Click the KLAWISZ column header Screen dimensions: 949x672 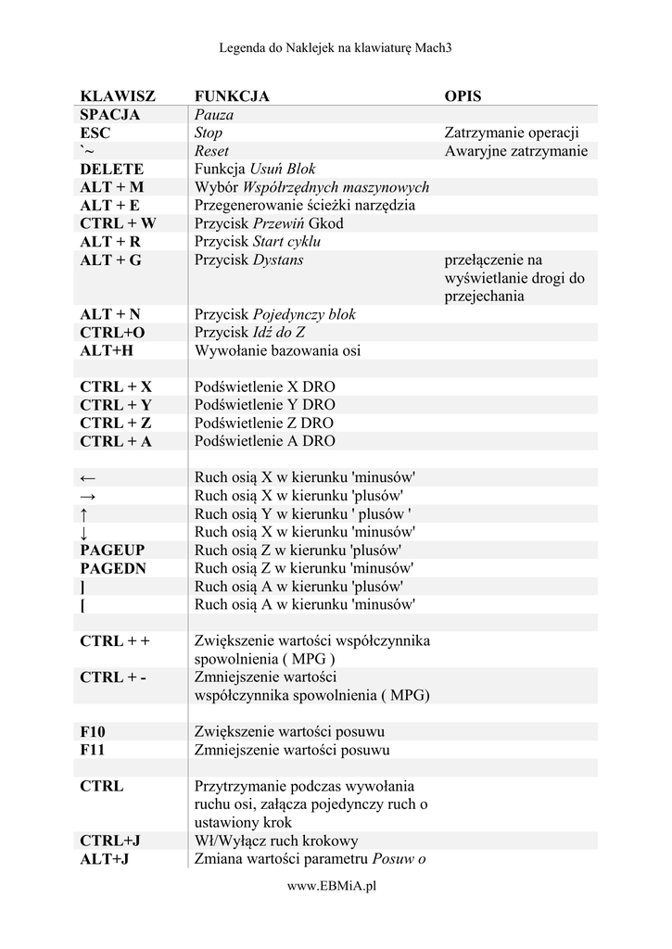(x=118, y=96)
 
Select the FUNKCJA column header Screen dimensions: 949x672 (x=232, y=96)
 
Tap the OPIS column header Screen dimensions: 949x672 (x=463, y=96)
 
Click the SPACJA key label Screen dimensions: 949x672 (x=109, y=115)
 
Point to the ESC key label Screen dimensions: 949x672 (x=95, y=133)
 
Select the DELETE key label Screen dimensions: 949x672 (x=111, y=169)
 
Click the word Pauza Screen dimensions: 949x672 (x=214, y=115)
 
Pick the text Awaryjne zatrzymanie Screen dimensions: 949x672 (x=515, y=151)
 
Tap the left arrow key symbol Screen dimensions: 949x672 (x=88, y=478)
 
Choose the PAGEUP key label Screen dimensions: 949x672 (x=112, y=550)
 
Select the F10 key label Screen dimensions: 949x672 (x=93, y=731)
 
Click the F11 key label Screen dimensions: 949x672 (x=93, y=750)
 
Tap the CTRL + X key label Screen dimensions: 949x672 (x=116, y=386)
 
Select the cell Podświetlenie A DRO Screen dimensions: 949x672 (x=264, y=441)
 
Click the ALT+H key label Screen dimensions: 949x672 (x=107, y=350)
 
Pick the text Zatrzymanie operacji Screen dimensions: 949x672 (x=512, y=133)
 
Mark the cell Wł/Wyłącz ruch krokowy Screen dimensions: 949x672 (x=276, y=841)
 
